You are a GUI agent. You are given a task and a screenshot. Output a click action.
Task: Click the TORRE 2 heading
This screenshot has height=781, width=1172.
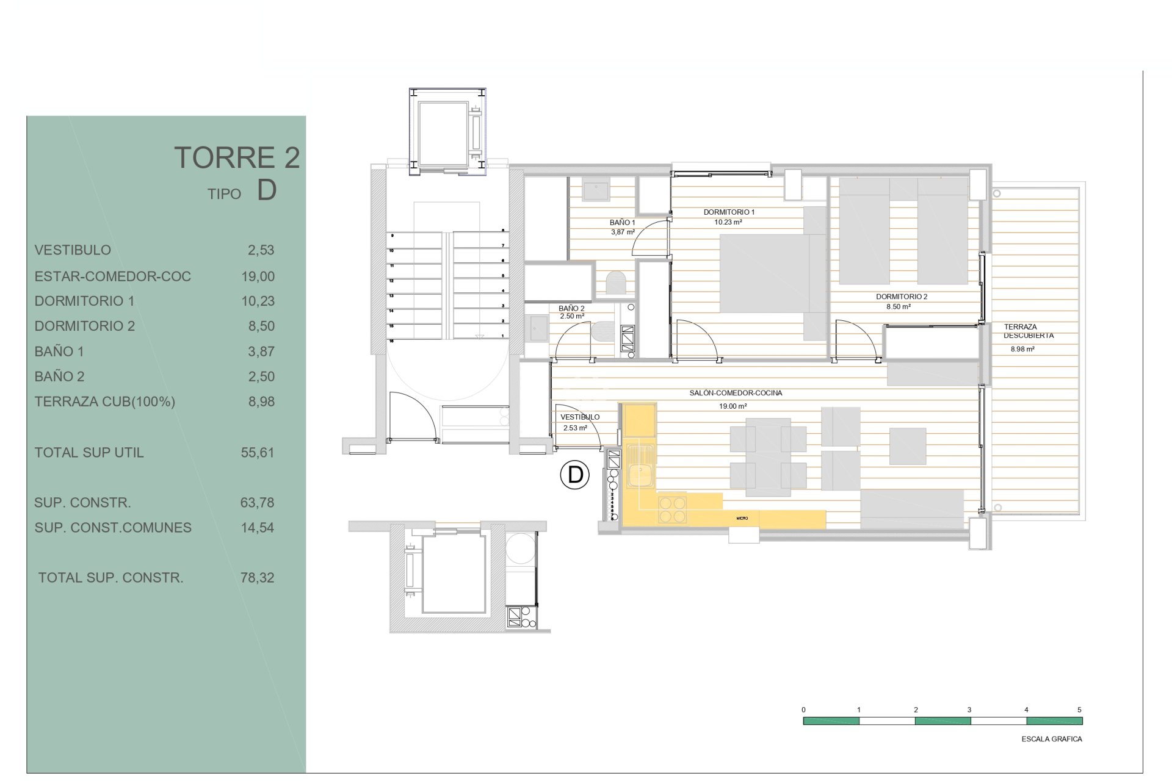[x=237, y=157]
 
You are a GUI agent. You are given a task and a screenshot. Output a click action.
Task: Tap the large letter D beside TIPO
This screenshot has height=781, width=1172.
[x=267, y=190]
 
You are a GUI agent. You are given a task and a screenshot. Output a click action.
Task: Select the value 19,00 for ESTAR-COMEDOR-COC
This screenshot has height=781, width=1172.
[x=258, y=276]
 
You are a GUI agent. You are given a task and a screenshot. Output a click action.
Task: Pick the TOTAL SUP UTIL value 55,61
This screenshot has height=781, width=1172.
[x=257, y=453]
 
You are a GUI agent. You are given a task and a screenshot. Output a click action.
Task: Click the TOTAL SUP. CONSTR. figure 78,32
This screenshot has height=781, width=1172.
[x=257, y=578]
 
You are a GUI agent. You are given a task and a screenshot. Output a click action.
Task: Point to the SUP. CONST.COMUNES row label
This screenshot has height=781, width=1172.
[x=113, y=528]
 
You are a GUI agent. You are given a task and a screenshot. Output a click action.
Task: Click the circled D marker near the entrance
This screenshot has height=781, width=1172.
[x=574, y=475]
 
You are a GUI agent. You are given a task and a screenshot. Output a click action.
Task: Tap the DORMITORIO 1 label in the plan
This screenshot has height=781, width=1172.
[x=729, y=212]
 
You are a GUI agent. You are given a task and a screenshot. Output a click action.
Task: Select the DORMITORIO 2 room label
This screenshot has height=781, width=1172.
[x=902, y=297]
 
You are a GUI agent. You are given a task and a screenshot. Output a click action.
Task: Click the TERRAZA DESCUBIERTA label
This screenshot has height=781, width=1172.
[x=1029, y=331]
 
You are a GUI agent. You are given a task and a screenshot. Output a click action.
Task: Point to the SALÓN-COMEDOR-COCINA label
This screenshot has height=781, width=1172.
[x=736, y=393]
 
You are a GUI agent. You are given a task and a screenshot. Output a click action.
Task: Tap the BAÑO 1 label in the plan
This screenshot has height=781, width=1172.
[x=622, y=223]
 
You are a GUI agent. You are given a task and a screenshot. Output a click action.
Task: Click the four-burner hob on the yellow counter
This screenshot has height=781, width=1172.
[x=672, y=510]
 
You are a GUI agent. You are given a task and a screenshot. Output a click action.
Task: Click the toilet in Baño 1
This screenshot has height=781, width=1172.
[x=617, y=283]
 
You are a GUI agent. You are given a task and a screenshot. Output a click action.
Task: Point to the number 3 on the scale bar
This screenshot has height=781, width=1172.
[x=969, y=710]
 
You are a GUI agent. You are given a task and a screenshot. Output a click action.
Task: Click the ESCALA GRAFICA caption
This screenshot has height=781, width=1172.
[x=1051, y=739]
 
